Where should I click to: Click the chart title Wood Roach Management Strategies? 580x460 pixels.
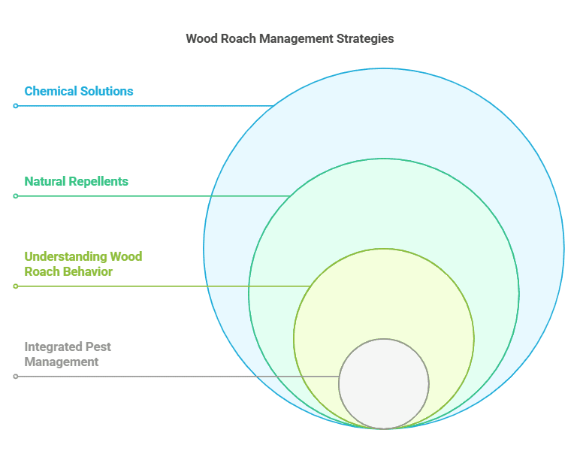289,38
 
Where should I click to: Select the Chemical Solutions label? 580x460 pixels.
79,91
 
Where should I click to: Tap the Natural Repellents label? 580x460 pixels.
76,181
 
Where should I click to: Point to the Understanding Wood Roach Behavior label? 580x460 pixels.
83,264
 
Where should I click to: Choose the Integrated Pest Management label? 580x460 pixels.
68,354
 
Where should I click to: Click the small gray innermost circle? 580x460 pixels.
383,383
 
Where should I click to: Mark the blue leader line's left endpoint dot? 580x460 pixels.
16,106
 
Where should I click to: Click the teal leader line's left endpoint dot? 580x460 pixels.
16,196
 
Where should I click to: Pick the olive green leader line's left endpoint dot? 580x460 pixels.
16,286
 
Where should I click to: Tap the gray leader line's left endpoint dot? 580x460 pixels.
16,377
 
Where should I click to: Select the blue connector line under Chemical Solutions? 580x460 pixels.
143,106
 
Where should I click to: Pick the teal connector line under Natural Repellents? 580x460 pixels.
150,196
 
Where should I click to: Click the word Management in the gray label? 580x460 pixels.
62,362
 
